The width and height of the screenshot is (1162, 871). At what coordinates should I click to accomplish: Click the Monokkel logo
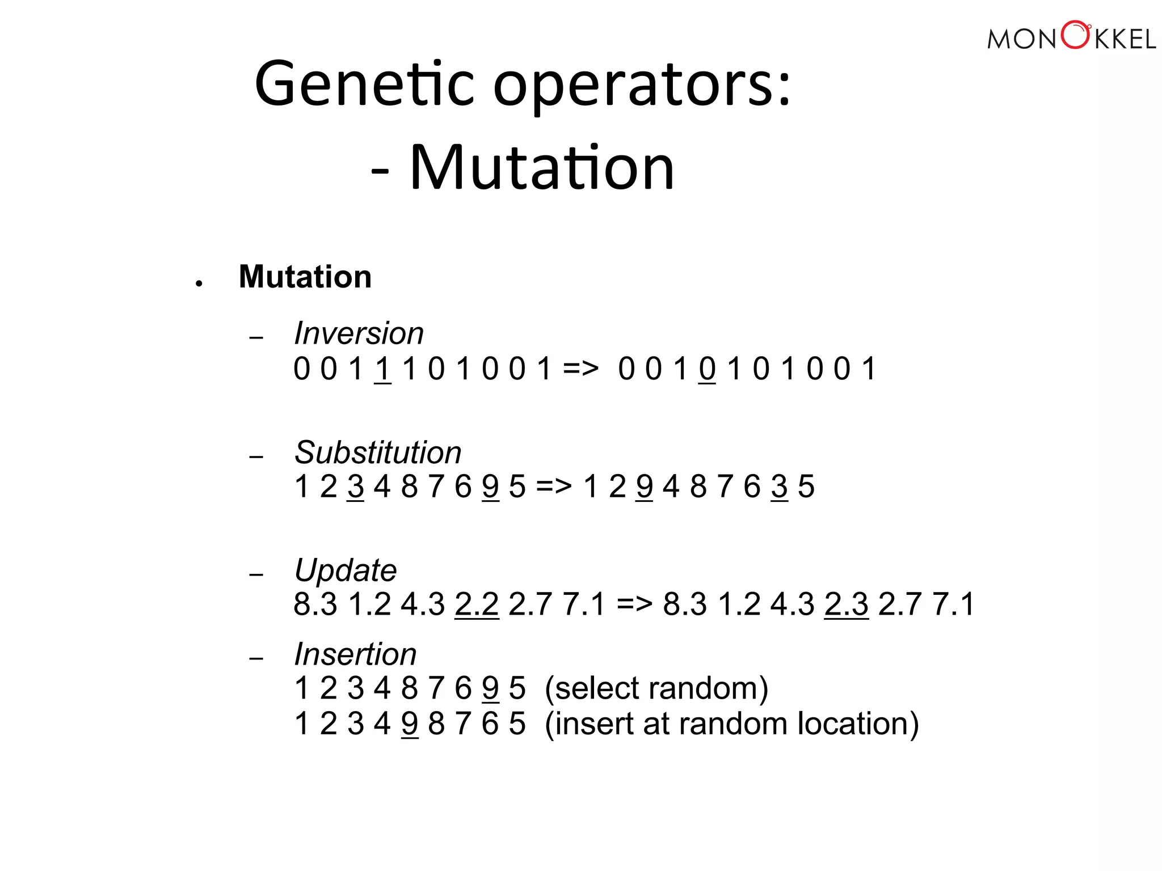(x=1071, y=37)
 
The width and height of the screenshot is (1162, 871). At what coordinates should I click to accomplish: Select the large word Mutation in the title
(x=542, y=168)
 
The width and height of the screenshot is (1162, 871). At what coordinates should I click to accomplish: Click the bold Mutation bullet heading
(x=305, y=277)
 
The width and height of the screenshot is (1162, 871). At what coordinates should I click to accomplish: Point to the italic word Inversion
(x=359, y=333)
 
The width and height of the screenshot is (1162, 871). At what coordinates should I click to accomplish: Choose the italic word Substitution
(x=378, y=453)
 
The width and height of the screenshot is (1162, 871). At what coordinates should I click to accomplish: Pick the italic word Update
(x=346, y=570)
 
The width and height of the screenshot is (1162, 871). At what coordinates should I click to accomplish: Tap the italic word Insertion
(x=355, y=654)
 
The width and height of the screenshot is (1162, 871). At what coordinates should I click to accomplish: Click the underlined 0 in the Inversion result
(x=707, y=369)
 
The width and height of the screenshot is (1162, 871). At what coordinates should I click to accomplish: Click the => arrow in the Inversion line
(x=580, y=369)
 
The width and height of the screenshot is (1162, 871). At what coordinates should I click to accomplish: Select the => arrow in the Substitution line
(x=554, y=487)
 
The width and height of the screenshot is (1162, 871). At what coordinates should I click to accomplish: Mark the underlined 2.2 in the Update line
(x=477, y=604)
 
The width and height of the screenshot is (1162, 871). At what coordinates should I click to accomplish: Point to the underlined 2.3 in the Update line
(x=846, y=604)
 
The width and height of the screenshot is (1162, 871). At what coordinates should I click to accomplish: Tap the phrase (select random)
(x=656, y=688)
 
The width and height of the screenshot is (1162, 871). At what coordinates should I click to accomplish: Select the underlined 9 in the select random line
(x=490, y=688)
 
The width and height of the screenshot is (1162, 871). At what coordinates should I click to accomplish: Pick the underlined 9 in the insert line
(x=410, y=724)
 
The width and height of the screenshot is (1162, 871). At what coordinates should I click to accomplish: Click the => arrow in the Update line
(x=634, y=604)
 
